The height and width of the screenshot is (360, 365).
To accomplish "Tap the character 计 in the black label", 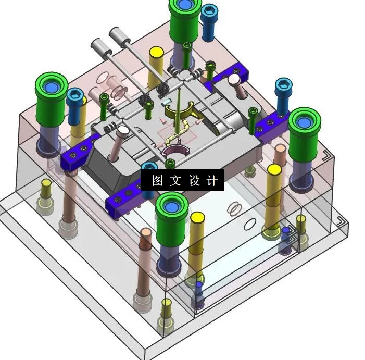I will click(x=212, y=181).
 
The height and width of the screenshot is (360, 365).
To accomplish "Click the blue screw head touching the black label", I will click(x=149, y=167).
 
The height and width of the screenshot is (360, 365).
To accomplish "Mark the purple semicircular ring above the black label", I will click(x=174, y=151).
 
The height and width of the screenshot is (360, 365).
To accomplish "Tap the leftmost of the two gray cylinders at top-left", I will click(x=98, y=47).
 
